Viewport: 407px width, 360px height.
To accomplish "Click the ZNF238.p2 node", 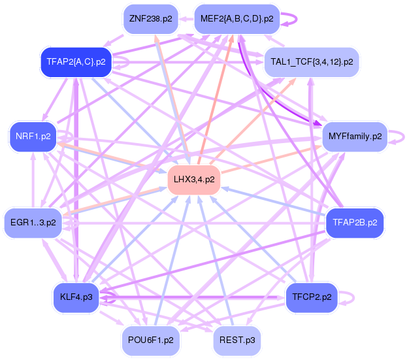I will [151, 18].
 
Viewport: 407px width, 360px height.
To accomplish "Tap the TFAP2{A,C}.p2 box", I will [76, 62].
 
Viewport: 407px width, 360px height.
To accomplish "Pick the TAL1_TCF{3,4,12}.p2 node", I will [312, 62].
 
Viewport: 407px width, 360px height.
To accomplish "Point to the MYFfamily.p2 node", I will [355, 137].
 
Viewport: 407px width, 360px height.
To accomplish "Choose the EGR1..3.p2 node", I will [33, 223].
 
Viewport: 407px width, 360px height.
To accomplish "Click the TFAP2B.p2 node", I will [354, 223].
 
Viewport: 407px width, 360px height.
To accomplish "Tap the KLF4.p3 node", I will [76, 297].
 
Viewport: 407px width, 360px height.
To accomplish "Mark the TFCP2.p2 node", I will [311, 297].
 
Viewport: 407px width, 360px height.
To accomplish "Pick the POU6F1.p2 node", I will [150, 340].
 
